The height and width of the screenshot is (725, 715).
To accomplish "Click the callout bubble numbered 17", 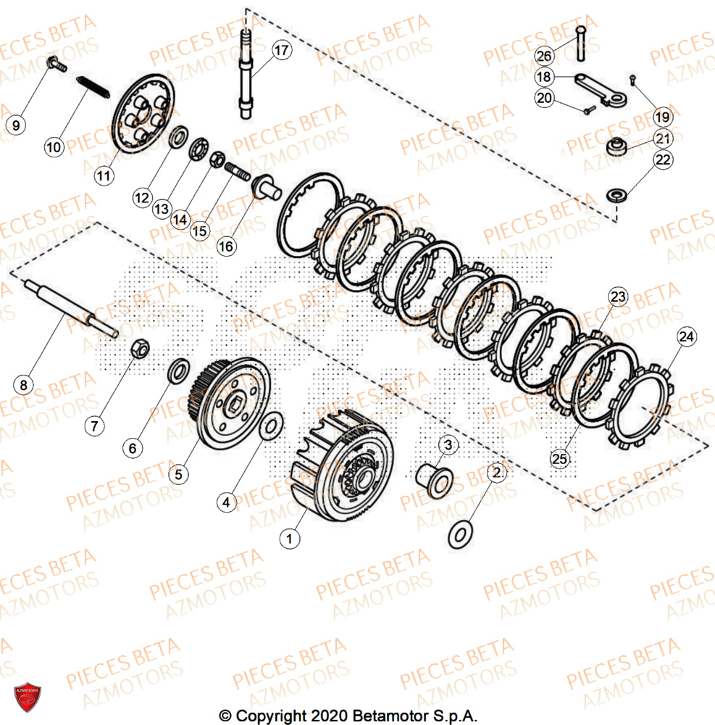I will [x=281, y=51].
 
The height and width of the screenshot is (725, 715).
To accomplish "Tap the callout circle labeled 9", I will [x=16, y=124].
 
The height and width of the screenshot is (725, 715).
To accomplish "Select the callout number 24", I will [x=686, y=336].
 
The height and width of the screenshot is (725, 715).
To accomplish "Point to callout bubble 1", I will [x=290, y=538].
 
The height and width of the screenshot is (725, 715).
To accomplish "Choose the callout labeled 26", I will [x=545, y=55].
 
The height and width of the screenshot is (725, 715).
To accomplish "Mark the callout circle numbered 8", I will [x=23, y=385].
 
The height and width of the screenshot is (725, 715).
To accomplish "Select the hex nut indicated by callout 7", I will [x=141, y=351].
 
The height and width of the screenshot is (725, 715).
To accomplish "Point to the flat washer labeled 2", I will [x=459, y=535].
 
